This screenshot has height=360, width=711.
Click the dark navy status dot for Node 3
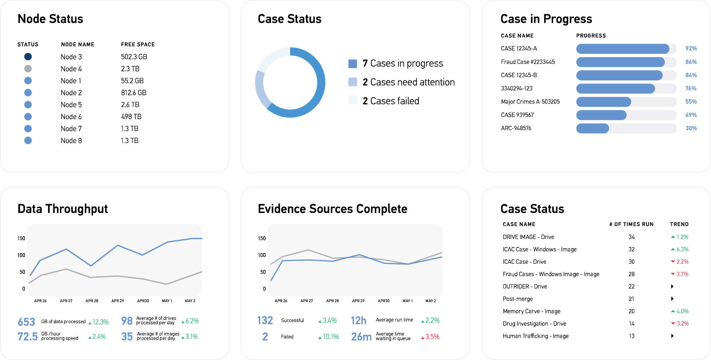coord(28,57)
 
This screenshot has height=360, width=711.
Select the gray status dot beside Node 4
coord(28,69)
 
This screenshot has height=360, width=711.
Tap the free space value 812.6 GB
coord(134,93)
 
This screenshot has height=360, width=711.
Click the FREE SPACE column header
coord(138,44)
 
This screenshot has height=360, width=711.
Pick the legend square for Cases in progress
coord(352,64)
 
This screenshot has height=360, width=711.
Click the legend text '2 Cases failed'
coord(391,101)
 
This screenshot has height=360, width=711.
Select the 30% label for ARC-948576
coord(691,128)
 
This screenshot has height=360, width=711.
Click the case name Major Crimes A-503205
coord(530,102)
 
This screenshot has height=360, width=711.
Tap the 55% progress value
coord(691,102)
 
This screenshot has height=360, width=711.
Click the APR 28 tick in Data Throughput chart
coord(92,301)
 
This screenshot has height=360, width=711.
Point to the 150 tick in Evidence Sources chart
coord(262,238)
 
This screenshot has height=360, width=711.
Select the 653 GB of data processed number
coord(26,322)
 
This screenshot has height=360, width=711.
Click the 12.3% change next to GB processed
coord(100,322)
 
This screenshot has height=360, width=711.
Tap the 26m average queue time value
coord(361,336)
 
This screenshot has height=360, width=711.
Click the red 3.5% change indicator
coord(432,337)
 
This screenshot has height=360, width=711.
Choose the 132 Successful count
coord(265,320)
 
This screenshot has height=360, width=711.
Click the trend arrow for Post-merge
coord(672,299)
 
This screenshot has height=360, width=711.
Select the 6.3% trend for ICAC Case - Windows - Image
coord(682,249)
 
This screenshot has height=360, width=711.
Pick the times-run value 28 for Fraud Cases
coord(632,274)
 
